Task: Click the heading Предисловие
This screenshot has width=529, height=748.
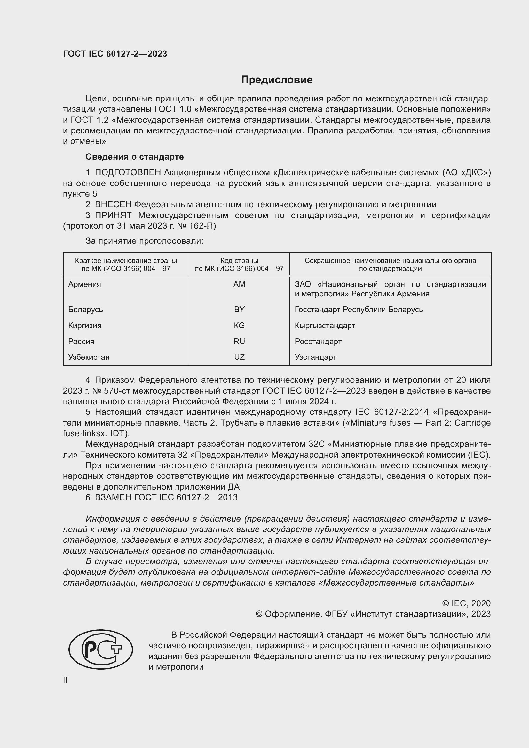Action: [x=277, y=80]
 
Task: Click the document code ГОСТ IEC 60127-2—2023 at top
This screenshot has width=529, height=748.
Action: [x=115, y=54]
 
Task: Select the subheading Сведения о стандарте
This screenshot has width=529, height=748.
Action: [x=135, y=157]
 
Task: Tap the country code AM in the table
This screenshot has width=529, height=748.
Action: [x=239, y=284]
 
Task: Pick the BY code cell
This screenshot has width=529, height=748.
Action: [x=239, y=309]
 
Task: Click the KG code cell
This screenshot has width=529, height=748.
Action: [x=239, y=326]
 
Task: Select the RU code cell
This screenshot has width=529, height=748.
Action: [x=239, y=342]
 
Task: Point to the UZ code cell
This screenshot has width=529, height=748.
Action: [x=239, y=357]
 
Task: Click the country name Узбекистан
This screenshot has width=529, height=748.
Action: [x=89, y=357]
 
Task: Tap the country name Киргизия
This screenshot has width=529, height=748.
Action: [x=85, y=326]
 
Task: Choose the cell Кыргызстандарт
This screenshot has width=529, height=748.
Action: [x=325, y=326]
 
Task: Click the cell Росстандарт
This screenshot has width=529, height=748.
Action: [x=318, y=342]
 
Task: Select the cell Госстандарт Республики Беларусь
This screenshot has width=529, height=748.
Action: [x=359, y=309]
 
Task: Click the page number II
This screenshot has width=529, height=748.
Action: [x=65, y=680]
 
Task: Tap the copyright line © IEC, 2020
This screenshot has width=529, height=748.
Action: [x=466, y=603]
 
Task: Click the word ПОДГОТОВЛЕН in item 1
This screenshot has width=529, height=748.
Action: [x=128, y=172]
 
